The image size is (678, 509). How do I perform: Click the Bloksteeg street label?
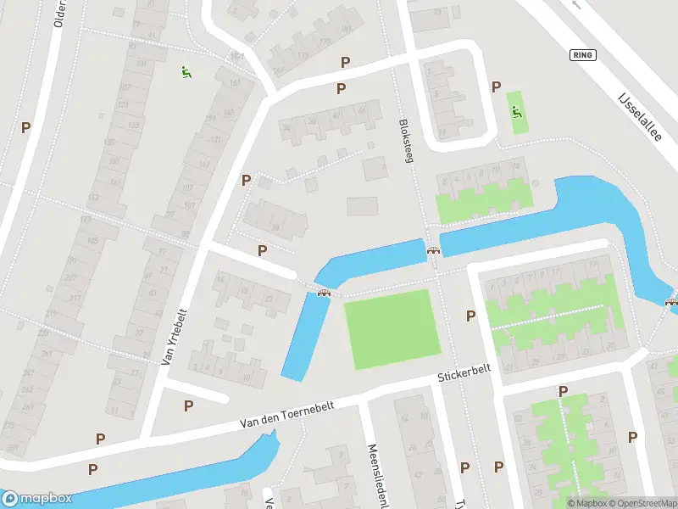[x=406, y=140]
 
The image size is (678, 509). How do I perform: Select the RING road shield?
[x=584, y=55]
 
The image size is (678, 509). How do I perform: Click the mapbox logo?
[x=36, y=499]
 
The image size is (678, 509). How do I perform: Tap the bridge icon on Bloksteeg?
[x=434, y=250]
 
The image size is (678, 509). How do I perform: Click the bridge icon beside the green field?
[x=323, y=293]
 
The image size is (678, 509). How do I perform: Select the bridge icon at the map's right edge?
[x=672, y=300]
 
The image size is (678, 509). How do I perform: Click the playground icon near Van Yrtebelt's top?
[x=186, y=72]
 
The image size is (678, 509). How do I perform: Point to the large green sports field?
[x=392, y=329]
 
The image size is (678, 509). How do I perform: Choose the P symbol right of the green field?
[x=471, y=316]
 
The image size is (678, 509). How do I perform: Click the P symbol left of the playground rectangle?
[x=497, y=86]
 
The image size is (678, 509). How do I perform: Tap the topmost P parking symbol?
[x=345, y=62]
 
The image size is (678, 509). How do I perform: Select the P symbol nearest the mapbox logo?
[x=92, y=468]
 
